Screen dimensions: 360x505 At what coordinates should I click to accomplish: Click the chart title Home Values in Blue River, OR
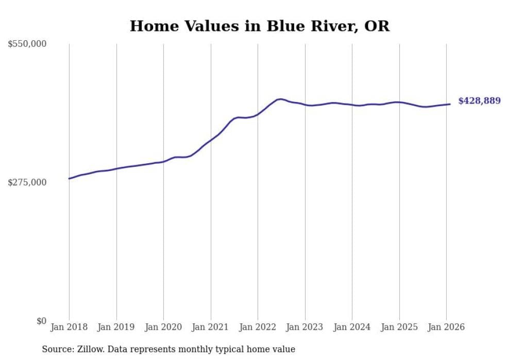tap(259, 26)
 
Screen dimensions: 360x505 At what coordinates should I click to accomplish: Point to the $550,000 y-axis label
tap(27, 44)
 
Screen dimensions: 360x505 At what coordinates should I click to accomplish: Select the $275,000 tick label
tap(27, 182)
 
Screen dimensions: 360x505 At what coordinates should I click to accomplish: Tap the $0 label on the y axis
tap(41, 321)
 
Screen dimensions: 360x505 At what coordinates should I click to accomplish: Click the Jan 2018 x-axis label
tap(69, 327)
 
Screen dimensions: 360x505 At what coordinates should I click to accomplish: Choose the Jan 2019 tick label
tap(116, 327)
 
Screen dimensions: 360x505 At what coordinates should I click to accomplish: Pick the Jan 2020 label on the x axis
tap(163, 327)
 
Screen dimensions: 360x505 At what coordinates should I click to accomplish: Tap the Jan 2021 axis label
tap(211, 327)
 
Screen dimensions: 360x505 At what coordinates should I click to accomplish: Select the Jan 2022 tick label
tap(258, 327)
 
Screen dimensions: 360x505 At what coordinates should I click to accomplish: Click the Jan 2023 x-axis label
tap(305, 327)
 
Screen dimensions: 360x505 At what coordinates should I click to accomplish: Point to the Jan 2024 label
tap(352, 327)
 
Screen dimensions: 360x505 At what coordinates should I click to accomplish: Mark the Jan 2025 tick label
tap(399, 327)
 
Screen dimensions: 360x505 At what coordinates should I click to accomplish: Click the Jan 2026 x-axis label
tap(446, 327)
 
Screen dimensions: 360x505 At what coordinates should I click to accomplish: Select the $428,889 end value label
tap(479, 101)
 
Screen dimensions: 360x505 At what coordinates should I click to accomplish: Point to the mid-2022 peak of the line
tap(280, 99)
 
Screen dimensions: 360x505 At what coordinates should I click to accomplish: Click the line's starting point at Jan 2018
tap(69, 179)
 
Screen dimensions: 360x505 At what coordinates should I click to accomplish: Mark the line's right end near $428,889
tap(450, 104)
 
